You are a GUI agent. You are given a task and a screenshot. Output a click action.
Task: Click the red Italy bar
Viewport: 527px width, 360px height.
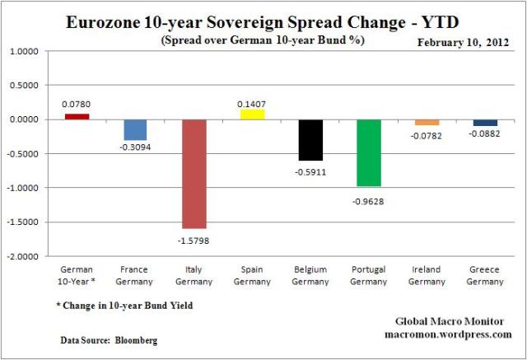pyautogui.click(x=194, y=174)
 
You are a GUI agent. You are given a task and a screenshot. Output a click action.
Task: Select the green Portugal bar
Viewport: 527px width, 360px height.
pyautogui.click(x=368, y=152)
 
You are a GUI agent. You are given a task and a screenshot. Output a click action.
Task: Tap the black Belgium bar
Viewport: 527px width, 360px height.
pyautogui.click(x=310, y=140)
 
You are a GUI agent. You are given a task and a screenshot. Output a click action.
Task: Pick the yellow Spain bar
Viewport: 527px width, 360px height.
pyautogui.click(x=252, y=115)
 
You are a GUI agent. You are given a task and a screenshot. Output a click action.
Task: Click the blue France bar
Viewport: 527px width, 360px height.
pyautogui.click(x=135, y=130)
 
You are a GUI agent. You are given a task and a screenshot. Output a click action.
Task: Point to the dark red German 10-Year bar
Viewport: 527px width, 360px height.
pyautogui.click(x=77, y=117)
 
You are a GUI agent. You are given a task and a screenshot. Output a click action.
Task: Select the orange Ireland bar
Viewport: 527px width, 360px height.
pyautogui.click(x=427, y=122)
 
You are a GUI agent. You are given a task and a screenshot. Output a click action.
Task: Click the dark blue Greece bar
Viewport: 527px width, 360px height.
pyautogui.click(x=485, y=123)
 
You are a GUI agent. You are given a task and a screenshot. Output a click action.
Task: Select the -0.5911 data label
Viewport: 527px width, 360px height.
pyautogui.click(x=310, y=171)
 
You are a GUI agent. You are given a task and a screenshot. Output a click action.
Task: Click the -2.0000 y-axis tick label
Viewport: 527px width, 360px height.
pyautogui.click(x=26, y=256)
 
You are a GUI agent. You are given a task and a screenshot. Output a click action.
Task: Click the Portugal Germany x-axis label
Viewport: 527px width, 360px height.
pyautogui.click(x=368, y=275)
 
